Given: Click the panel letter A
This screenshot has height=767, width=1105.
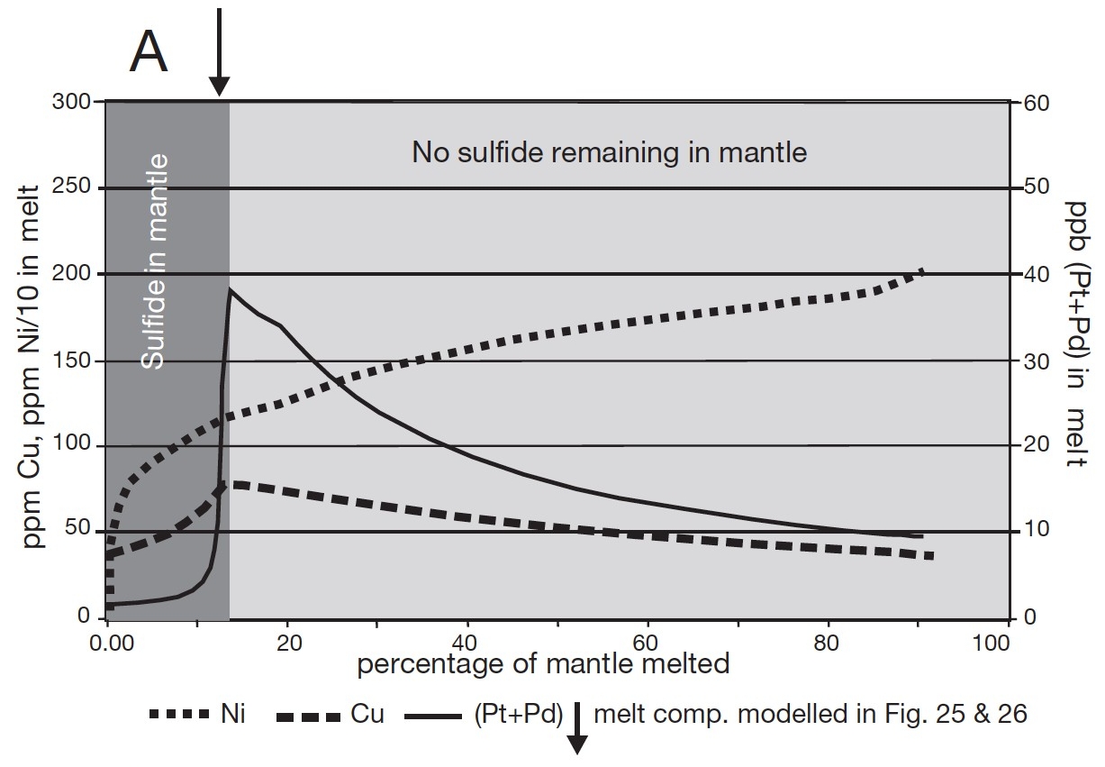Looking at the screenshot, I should (149, 51).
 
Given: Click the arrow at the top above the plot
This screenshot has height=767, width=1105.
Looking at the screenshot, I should (218, 50).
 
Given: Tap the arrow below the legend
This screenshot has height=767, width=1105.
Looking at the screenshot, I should (576, 730).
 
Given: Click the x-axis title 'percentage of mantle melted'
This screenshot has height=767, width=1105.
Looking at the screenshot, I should (543, 665).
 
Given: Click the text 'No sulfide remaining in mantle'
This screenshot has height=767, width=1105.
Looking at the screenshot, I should (609, 151).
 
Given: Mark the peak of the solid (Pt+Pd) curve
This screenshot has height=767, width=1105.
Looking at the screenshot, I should (230, 289).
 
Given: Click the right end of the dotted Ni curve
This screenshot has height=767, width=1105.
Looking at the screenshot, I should (922, 269).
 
